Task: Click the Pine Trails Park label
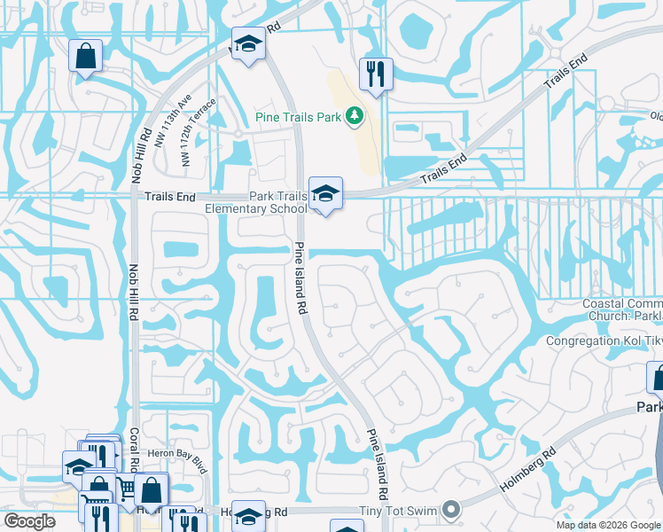[x=298, y=116]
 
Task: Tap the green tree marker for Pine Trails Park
[x=354, y=116]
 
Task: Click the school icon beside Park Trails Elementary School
[x=325, y=193]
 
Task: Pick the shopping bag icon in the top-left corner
[x=86, y=56]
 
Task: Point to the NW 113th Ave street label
[x=172, y=124]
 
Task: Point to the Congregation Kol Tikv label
[x=604, y=341]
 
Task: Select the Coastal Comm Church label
[x=621, y=310]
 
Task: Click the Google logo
[x=29, y=521]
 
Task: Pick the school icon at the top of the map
[x=248, y=43]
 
